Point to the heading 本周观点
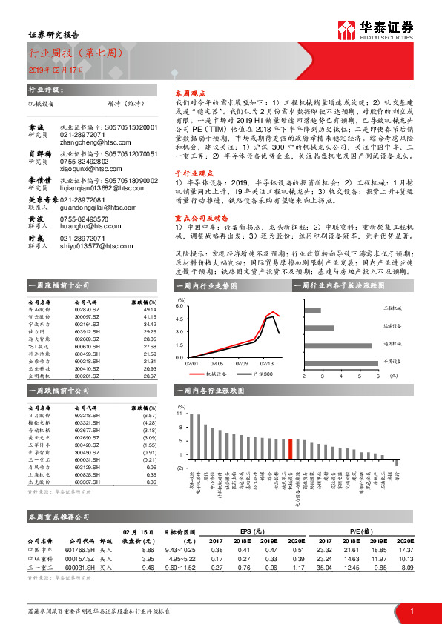point(189,94)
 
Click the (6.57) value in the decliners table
point(149,415)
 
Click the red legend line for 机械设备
point(197,375)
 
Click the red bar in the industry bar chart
point(290,450)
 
